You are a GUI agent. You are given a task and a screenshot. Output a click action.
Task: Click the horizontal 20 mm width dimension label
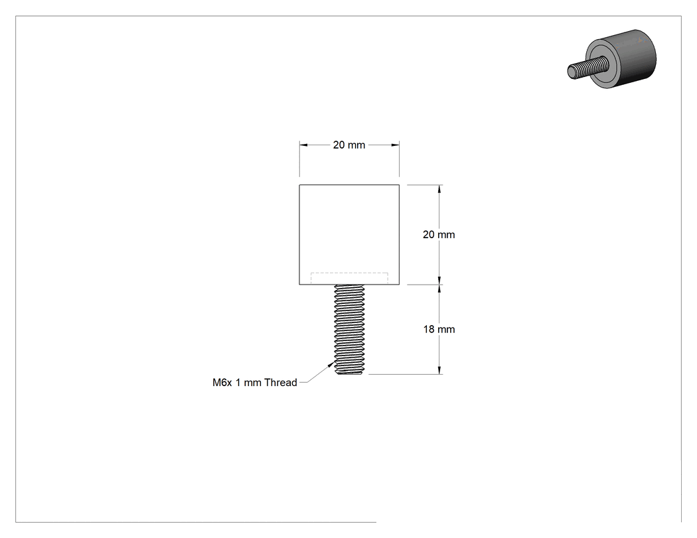click(349, 145)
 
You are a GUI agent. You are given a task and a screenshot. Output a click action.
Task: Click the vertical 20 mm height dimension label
click(439, 235)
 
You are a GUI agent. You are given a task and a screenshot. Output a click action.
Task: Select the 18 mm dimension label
click(439, 329)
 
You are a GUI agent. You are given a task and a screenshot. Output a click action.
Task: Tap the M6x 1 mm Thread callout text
click(255, 383)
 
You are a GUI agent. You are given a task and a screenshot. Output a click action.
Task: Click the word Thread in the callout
click(281, 383)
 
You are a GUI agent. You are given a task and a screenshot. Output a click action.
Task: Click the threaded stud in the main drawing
click(349, 329)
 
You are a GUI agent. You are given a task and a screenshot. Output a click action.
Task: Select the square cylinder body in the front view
click(349, 235)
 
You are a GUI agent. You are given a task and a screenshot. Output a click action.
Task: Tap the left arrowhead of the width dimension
click(303, 145)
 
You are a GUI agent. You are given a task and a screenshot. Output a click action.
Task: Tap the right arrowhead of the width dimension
click(395, 145)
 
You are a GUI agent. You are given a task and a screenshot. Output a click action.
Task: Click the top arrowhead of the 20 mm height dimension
click(439, 189)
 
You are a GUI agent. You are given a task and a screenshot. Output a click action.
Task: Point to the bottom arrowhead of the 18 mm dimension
click(439, 370)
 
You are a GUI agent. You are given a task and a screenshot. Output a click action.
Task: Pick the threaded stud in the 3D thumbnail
click(585, 66)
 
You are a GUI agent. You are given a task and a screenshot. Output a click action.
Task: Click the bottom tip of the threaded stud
click(349, 374)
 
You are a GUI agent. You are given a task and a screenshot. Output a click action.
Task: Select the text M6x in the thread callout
click(222, 383)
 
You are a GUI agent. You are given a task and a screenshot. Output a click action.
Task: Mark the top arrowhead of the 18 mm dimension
click(439, 289)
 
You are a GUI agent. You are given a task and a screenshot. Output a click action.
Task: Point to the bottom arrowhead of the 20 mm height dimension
click(439, 281)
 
